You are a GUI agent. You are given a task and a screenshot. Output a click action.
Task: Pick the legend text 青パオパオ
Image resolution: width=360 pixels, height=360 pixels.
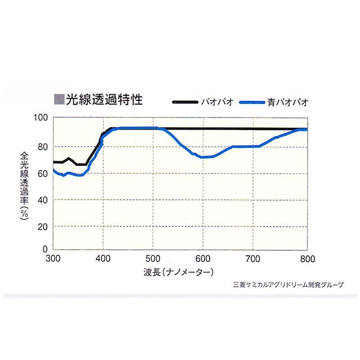click(x=293, y=102)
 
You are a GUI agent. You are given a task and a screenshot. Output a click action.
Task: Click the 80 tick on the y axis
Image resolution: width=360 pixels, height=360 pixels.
click(x=42, y=146)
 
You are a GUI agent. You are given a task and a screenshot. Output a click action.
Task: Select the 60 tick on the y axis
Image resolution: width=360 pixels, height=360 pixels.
click(x=42, y=173)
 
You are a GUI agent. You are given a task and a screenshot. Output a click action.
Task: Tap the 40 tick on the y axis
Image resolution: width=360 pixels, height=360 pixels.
click(x=42, y=199)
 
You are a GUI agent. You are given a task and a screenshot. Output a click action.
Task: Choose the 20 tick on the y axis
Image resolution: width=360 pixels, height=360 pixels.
click(x=42, y=226)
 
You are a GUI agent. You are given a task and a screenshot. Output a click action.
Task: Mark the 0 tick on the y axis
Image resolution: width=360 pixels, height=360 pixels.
click(x=45, y=249)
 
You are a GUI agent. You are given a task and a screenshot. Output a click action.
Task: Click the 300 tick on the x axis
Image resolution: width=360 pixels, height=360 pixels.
click(x=53, y=259)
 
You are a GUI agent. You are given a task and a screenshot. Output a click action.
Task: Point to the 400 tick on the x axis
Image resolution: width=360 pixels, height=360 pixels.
click(x=103, y=259)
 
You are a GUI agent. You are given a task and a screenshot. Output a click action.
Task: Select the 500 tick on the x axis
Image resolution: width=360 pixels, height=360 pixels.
click(x=153, y=259)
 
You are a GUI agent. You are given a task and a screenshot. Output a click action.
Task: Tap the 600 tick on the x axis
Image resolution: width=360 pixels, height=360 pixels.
click(x=204, y=259)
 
